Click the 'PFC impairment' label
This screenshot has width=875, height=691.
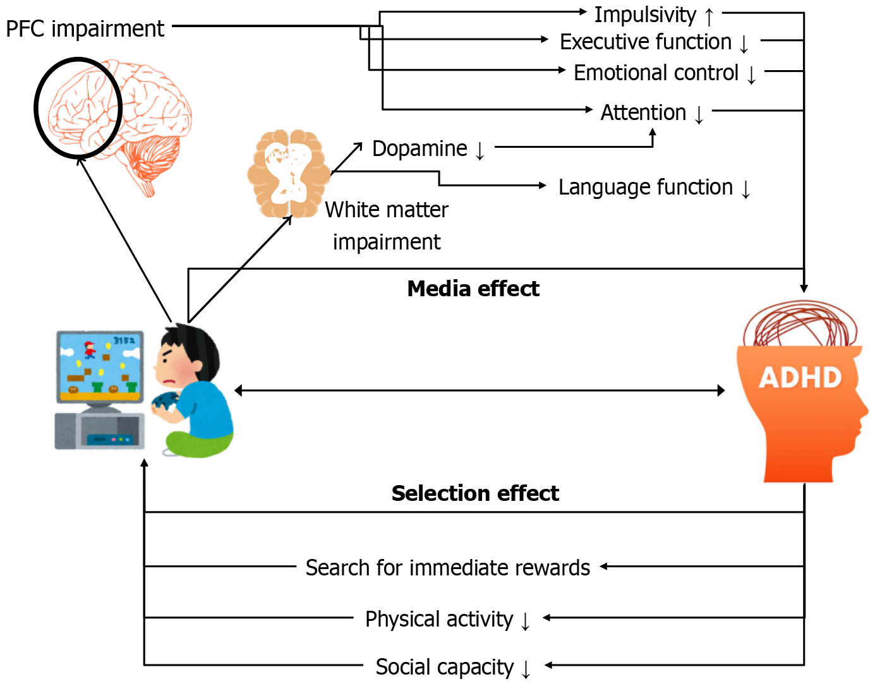[85, 29]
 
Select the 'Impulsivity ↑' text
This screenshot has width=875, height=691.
[654, 15]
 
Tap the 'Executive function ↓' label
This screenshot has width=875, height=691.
[654, 42]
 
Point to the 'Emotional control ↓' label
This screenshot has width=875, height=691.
[664, 73]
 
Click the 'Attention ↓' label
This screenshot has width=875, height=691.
[651, 113]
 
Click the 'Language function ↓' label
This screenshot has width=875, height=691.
[654, 188]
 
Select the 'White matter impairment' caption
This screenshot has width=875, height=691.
[387, 225]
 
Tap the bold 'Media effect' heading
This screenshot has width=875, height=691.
[473, 289]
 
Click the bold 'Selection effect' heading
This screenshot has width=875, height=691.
[475, 493]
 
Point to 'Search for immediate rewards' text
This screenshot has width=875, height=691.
[447, 568]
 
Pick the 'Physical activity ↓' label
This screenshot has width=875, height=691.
[447, 620]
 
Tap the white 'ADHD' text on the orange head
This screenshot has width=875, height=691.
[800, 378]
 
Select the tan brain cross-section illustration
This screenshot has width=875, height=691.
[288, 174]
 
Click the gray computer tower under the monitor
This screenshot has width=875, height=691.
[100, 432]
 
